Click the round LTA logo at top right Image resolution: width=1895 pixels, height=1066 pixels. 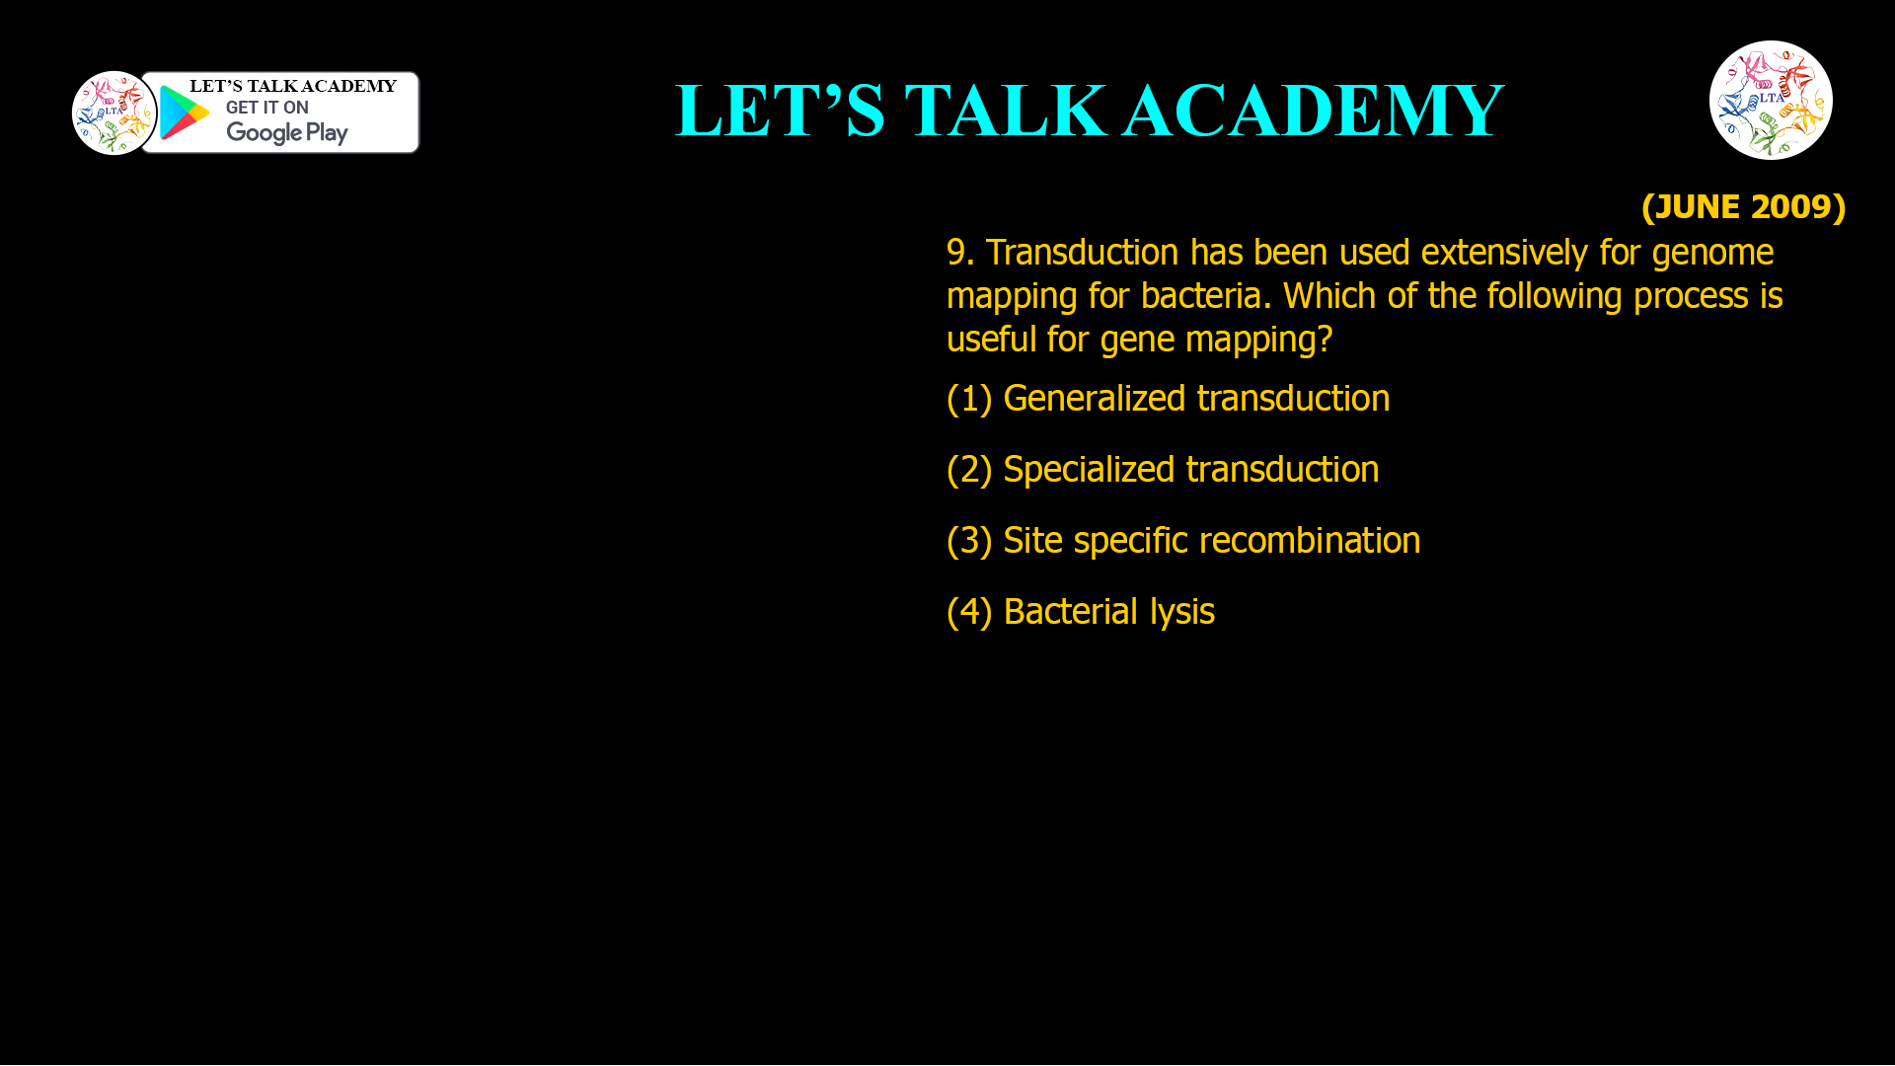pos(1771,100)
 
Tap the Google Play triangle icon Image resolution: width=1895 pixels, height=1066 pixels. pos(184,113)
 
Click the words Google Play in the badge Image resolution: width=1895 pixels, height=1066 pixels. pos(286,133)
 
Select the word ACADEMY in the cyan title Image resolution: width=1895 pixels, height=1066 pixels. pos(1313,111)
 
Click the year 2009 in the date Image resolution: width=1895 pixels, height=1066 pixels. pos(1791,207)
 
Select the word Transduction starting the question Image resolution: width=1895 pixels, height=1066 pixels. pos(1082,253)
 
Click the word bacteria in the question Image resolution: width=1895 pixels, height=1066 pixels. pos(1203,296)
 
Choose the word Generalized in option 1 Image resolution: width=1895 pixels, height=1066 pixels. pos(1094,399)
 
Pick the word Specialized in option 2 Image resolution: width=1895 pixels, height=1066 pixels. pos(1094,470)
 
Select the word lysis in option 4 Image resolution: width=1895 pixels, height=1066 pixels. pos(1181,613)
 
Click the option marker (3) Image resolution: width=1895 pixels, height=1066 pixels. pos(968,541)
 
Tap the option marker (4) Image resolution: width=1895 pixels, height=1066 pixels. pos(968,612)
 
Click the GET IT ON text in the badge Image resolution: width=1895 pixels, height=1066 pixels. pos(266,108)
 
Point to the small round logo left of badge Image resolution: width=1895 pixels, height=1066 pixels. pos(114,113)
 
